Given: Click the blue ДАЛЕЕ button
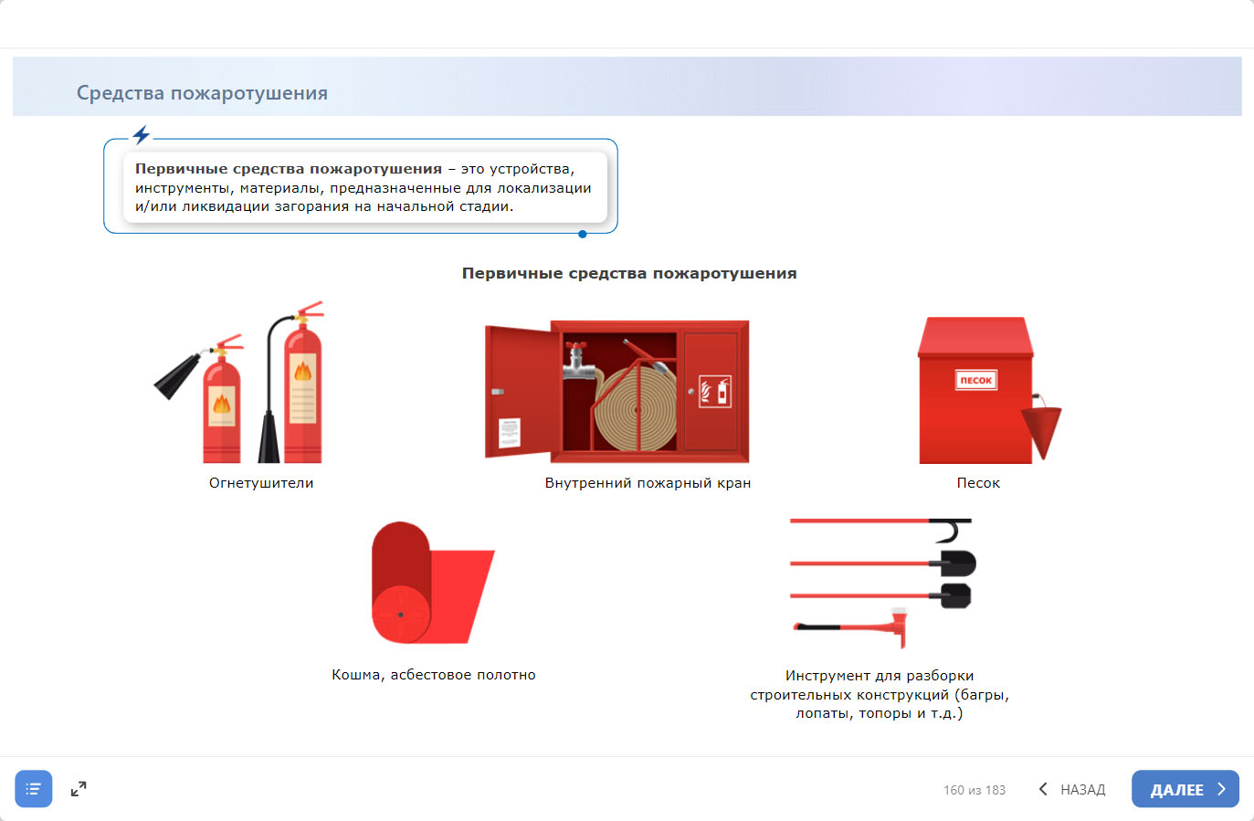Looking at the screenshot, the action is click(x=1185, y=788).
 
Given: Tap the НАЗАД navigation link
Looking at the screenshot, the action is click(x=1072, y=789).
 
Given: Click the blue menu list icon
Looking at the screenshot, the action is click(x=34, y=788).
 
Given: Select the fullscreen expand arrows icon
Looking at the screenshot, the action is click(x=79, y=788).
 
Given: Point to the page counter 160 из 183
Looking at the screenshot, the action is click(x=975, y=790).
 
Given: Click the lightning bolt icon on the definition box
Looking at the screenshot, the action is click(x=141, y=134).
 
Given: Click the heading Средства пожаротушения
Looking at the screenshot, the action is click(x=202, y=93).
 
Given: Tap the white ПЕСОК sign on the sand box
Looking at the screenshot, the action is click(x=975, y=380).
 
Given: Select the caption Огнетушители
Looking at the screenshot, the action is click(x=261, y=483).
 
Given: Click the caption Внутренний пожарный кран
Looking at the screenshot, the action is click(x=648, y=483).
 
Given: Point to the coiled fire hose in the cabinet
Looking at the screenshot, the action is click(x=636, y=408).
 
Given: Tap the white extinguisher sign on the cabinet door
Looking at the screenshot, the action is click(x=715, y=391).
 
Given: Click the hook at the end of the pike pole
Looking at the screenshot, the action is click(x=953, y=531).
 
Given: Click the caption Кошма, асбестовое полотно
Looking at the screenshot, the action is click(x=433, y=675).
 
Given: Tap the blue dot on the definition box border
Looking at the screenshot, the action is click(x=583, y=234).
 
